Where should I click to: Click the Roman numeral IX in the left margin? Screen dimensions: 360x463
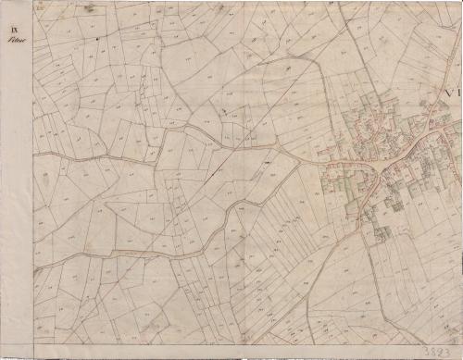click(16, 34)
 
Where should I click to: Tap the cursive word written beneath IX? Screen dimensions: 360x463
click(17, 43)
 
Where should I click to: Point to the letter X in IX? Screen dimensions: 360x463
click(18, 34)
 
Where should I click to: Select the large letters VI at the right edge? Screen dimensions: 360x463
click(452, 93)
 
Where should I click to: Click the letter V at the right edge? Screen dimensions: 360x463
click(449, 93)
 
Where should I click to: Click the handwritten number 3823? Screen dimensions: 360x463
click(440, 352)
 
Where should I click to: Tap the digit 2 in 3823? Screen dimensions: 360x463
click(444, 352)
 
